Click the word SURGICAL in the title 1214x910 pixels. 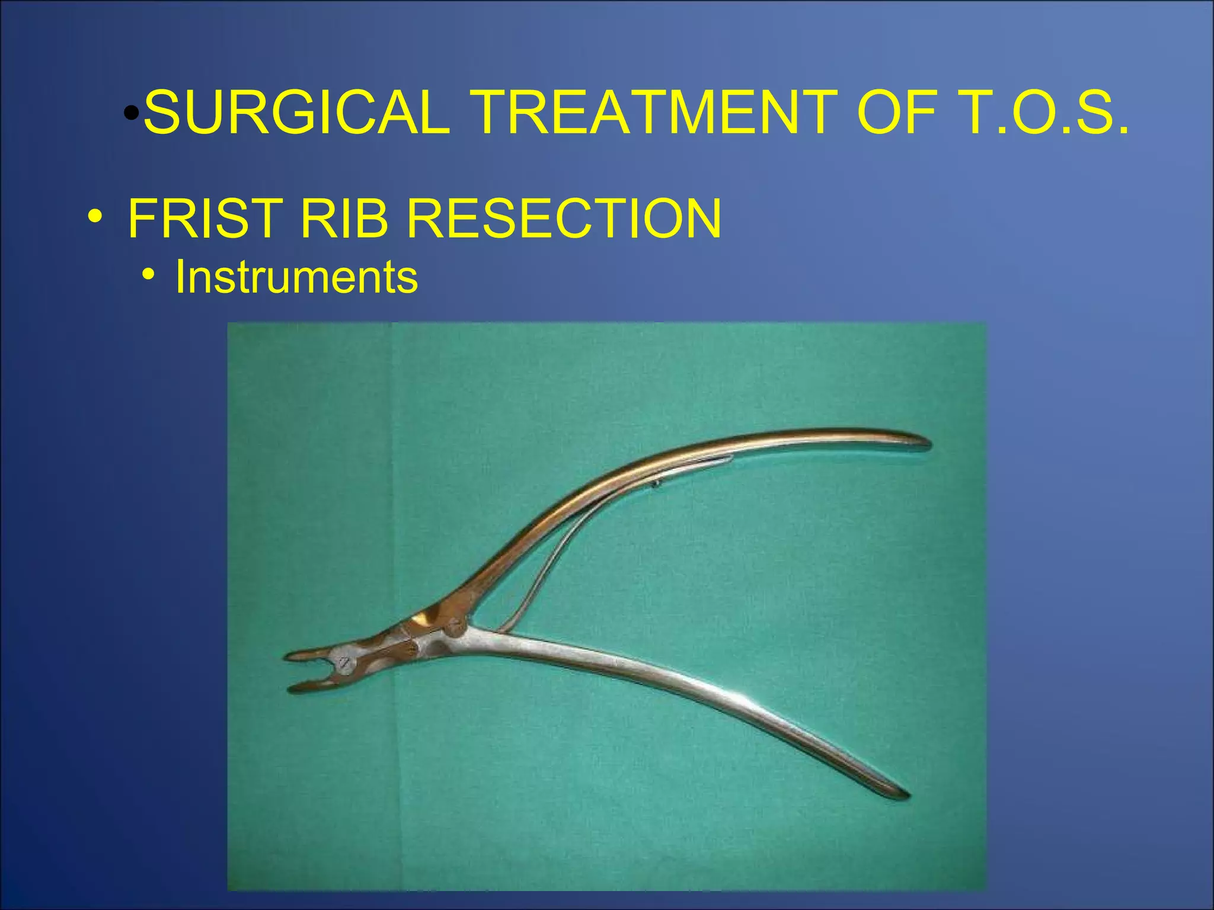coord(296,113)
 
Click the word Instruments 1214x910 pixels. coord(296,277)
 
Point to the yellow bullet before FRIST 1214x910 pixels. coord(94,217)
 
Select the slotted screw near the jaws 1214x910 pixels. coord(344,664)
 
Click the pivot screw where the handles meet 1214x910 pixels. coord(456,624)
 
